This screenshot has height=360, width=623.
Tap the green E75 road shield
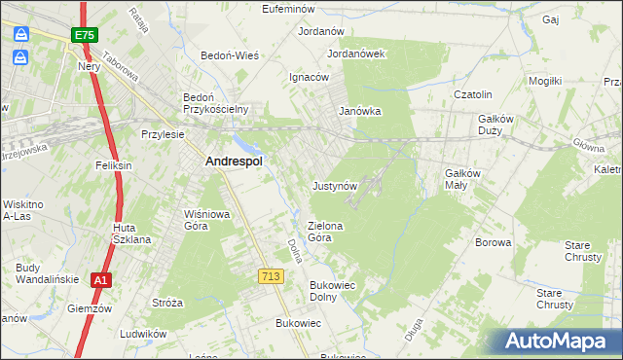[x=83, y=36]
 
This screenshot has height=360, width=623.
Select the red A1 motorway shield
[x=99, y=280]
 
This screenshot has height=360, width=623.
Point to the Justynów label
[x=336, y=185]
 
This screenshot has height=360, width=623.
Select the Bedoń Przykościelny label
[x=217, y=103]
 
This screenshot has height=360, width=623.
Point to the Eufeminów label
[x=293, y=9]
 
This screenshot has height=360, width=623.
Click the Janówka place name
[x=359, y=111]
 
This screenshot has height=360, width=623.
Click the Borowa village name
[x=493, y=242]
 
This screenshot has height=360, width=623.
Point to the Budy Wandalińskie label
[x=43, y=273]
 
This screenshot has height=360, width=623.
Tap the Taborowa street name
[x=121, y=68]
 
